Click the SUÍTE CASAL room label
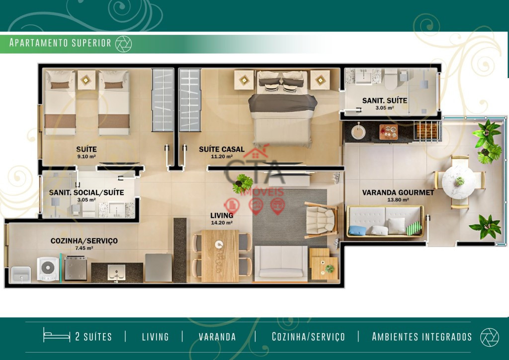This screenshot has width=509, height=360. (221, 149)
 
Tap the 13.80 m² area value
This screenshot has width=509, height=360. (398, 200)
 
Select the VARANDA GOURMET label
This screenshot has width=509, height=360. (398, 192)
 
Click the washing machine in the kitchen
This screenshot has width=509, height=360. (48, 269)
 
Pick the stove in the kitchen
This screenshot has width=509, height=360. (76, 268)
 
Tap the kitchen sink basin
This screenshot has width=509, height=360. (116, 272)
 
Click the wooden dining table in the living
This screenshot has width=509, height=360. (220, 256)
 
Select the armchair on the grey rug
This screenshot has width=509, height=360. (321, 220)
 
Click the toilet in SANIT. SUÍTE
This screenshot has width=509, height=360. (391, 79)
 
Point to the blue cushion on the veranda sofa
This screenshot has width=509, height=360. (357, 231)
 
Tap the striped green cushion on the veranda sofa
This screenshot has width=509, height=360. (414, 228)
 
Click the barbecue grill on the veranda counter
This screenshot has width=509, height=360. (427, 131)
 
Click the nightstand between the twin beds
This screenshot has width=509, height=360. (86, 80)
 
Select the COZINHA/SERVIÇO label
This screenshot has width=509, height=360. (84, 241)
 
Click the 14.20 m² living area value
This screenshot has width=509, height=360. (222, 223)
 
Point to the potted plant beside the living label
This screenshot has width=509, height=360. (243, 184)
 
